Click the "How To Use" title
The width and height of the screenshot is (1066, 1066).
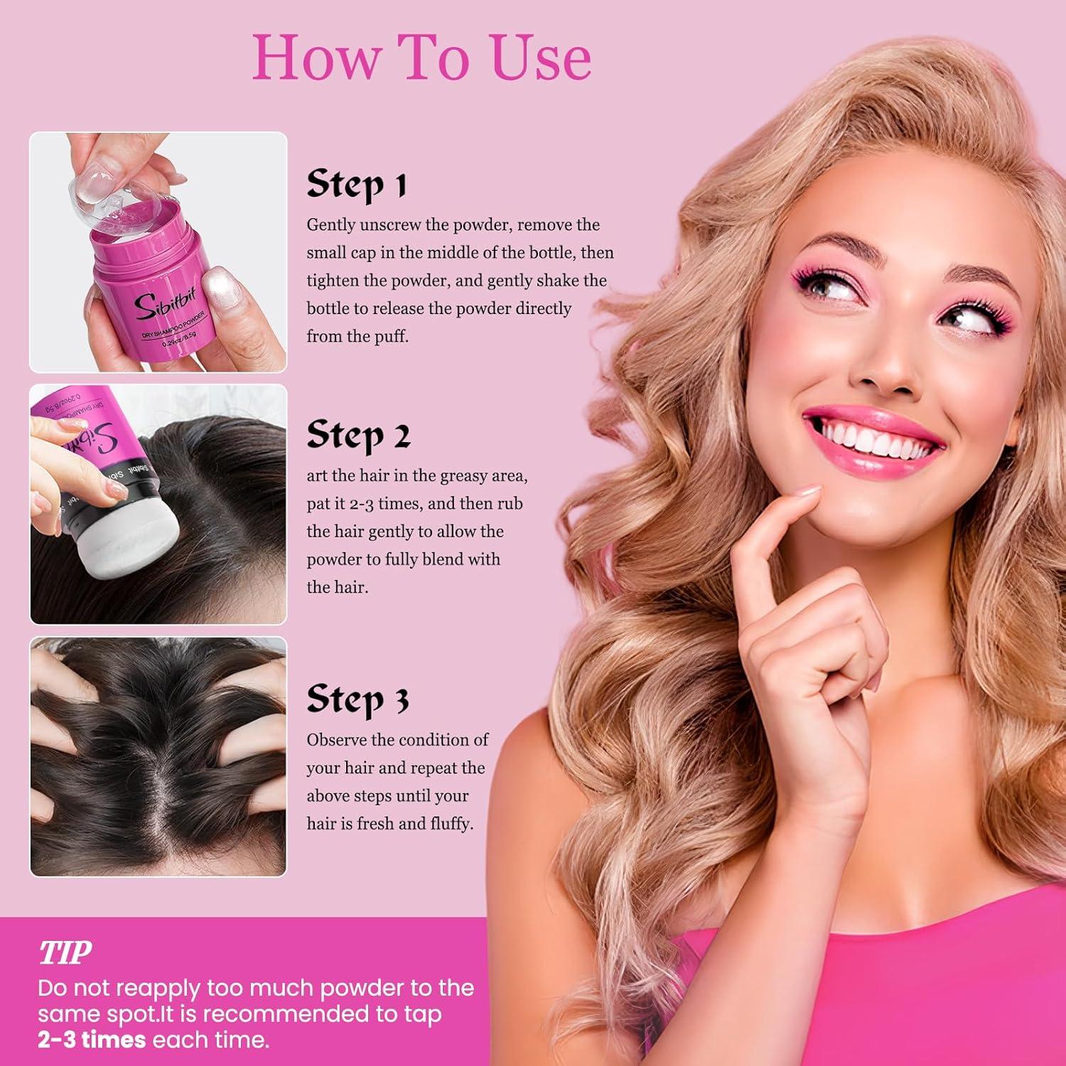point(422,57)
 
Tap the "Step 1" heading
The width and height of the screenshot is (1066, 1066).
point(357,185)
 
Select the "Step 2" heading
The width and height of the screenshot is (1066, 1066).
point(359,435)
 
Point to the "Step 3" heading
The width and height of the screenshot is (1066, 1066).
point(358,700)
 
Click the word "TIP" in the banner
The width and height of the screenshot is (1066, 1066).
point(65,953)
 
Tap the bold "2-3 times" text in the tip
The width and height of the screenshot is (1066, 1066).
point(92,1040)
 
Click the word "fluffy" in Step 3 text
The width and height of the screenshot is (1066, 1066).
point(451,824)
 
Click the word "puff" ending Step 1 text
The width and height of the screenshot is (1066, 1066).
point(392,337)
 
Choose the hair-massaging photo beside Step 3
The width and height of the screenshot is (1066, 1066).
point(158,757)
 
